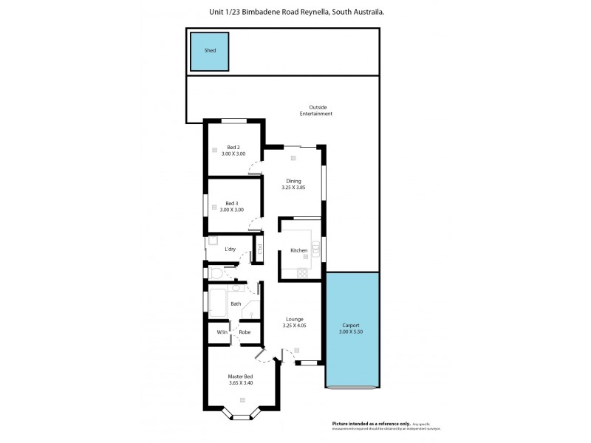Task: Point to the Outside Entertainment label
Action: tap(315, 110)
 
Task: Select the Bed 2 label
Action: tap(233, 147)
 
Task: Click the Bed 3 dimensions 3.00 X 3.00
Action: tap(232, 210)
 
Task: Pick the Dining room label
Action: tap(293, 181)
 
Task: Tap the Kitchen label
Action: tap(298, 251)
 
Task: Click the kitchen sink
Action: tap(315, 249)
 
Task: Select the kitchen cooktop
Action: tap(301, 273)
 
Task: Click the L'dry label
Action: tap(230, 250)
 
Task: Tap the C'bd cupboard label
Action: tap(260, 250)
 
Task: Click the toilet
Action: tap(216, 274)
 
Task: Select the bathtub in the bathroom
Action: tap(218, 303)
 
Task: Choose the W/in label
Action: tap(221, 332)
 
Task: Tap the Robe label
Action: tap(244, 332)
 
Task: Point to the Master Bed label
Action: tap(241, 377)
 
